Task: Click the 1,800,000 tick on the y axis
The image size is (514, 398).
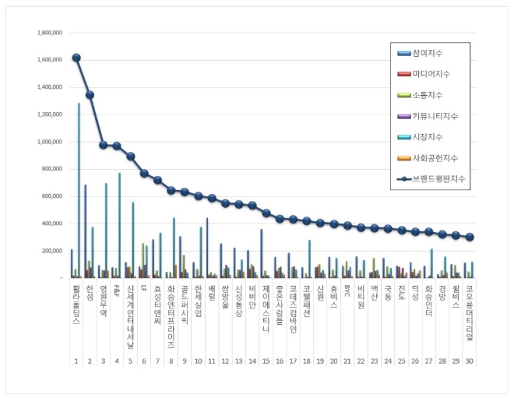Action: click(49, 33)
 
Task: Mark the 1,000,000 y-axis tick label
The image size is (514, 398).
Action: click(49, 142)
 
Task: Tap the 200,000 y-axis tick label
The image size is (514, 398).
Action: click(51, 251)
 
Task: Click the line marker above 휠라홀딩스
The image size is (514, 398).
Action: click(76, 58)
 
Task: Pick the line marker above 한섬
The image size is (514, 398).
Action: click(90, 95)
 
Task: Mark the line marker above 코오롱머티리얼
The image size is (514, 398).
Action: click(470, 237)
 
